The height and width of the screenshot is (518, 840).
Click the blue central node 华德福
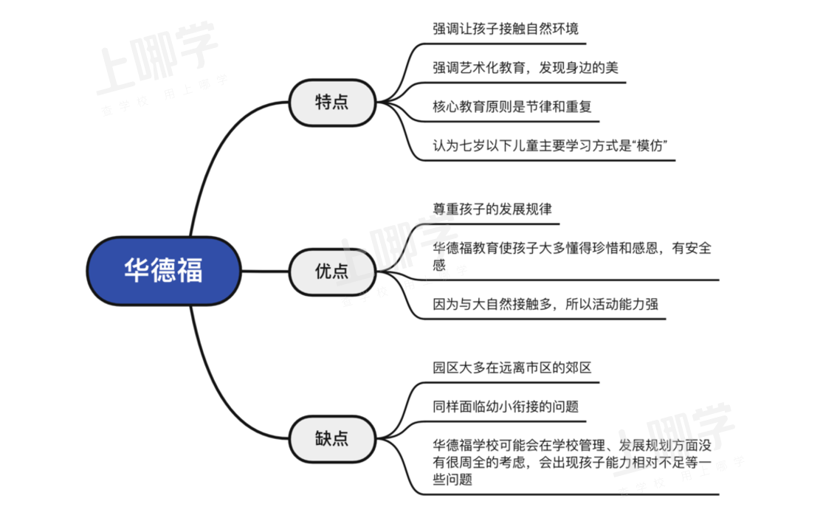pos(164,271)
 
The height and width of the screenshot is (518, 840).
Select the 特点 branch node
pos(332,103)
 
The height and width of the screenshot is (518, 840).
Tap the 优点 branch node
pos(332,272)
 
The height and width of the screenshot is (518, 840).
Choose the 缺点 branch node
pos(332,439)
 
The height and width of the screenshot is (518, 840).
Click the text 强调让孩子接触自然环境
pos(505,28)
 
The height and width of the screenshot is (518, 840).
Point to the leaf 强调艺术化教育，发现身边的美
pos(526,67)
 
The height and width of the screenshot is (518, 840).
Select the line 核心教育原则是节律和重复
pos(512,106)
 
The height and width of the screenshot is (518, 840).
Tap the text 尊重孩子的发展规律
pos(492,209)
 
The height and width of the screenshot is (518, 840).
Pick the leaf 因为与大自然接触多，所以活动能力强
pos(545,304)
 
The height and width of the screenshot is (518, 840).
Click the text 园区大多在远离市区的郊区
pos(512,367)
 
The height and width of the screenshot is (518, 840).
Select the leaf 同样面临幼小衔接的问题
pos(505,407)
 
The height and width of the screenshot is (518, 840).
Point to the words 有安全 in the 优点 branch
pos(692,248)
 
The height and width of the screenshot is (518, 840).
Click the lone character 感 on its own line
pos(439,265)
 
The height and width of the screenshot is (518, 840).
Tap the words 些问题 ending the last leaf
pos(452,480)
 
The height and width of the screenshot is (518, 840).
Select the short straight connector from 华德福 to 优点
pos(265,271)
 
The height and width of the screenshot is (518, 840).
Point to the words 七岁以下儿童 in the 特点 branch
pos(499,145)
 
